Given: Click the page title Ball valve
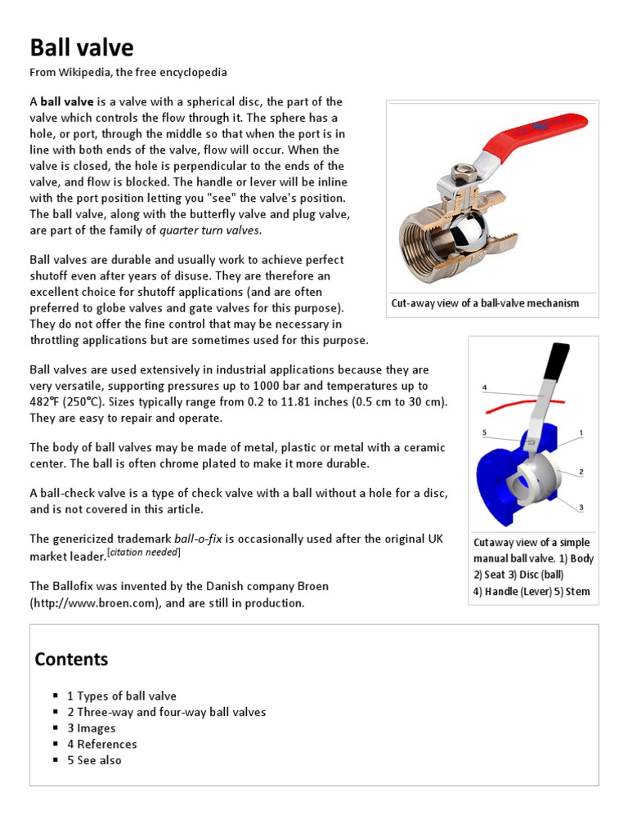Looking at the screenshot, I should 82,47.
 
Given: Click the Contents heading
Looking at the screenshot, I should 71,659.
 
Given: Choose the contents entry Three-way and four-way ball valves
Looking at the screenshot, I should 166,712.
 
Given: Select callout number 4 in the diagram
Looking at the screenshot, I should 484,387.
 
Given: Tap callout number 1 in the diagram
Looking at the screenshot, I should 581,432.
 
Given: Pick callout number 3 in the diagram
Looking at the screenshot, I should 581,507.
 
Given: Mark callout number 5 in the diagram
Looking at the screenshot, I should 484,432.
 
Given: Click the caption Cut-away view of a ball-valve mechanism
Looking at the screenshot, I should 486,303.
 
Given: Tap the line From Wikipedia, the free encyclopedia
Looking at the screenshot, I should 128,72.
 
